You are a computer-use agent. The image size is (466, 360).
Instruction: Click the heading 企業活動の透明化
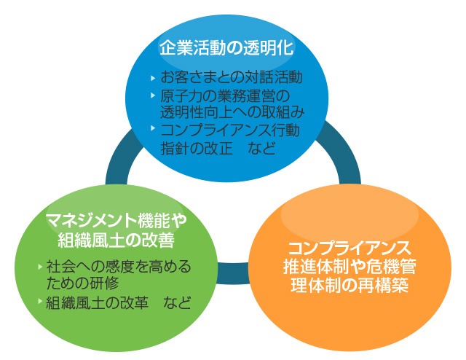[226, 47]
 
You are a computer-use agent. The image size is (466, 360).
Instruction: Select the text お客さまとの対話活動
[232, 77]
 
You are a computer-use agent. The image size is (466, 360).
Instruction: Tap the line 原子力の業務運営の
[225, 95]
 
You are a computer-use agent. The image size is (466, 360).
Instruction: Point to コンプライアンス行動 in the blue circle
[230, 130]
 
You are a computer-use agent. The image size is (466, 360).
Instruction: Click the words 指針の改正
[197, 148]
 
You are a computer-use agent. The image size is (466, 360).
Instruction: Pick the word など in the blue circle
[261, 148]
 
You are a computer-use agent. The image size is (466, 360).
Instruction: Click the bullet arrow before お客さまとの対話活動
[153, 78]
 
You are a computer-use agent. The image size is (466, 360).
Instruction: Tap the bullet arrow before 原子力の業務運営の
[153, 95]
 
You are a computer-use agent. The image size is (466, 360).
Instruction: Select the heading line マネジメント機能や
[116, 220]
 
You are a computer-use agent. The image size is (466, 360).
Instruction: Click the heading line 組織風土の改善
[116, 240]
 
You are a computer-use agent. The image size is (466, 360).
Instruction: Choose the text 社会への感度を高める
[119, 266]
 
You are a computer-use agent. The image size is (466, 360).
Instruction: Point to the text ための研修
[82, 283]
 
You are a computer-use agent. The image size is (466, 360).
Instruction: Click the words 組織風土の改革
[97, 303]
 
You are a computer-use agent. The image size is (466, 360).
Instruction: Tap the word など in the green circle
[177, 303]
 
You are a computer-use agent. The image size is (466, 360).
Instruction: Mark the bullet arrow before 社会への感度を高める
[40, 267]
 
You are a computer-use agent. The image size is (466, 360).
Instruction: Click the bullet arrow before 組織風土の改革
[40, 301]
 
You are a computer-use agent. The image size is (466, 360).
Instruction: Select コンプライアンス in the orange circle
[349, 248]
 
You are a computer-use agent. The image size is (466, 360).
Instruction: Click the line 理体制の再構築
[349, 285]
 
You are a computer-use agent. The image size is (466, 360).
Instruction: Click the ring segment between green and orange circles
[233, 273]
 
